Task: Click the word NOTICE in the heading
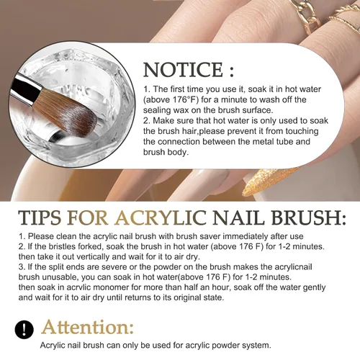pos(183,69)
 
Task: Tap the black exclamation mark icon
pos(24,329)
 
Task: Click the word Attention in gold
pos(87,327)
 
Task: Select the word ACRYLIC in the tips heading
pos(161,218)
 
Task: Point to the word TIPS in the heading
pos(40,218)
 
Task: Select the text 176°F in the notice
pos(186,99)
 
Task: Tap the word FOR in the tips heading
pos(88,218)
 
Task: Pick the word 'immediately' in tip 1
pos(246,236)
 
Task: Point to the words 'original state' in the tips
pos(199,297)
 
